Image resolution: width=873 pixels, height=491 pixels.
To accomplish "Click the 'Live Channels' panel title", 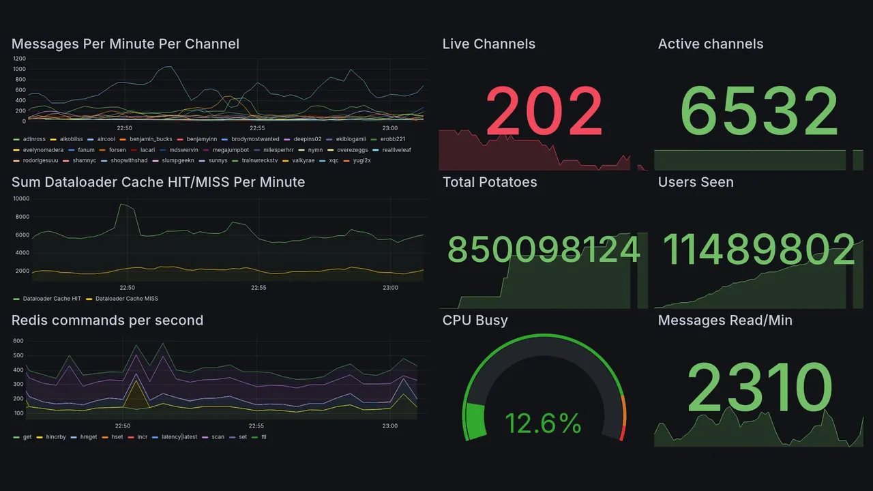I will [488, 44].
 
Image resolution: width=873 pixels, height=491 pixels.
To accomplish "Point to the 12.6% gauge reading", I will [543, 423].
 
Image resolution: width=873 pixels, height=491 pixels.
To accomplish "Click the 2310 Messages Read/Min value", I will [759, 388].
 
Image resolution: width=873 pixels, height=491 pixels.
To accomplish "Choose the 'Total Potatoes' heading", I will [490, 182].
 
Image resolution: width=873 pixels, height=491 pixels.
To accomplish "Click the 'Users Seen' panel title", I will [696, 182].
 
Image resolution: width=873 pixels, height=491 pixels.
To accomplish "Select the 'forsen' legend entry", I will [117, 150].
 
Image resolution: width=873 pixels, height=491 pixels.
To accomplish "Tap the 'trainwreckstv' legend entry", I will [260, 161].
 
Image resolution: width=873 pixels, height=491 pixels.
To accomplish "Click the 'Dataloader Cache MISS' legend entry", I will [126, 299].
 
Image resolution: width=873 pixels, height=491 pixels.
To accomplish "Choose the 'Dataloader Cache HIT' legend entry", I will [52, 299].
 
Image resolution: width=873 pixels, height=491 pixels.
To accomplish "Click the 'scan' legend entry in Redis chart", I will [218, 437].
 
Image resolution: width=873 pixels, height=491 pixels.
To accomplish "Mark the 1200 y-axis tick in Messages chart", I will [18, 59].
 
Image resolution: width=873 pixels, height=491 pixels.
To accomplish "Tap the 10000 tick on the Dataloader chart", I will [20, 198].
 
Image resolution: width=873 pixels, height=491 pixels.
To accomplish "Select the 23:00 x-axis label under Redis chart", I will [389, 426].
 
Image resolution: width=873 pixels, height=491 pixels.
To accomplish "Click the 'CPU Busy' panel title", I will [475, 321].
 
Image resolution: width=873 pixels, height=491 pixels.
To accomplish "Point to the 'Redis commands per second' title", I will [107, 321].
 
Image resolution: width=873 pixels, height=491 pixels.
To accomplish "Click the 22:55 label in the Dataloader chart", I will [258, 288].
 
